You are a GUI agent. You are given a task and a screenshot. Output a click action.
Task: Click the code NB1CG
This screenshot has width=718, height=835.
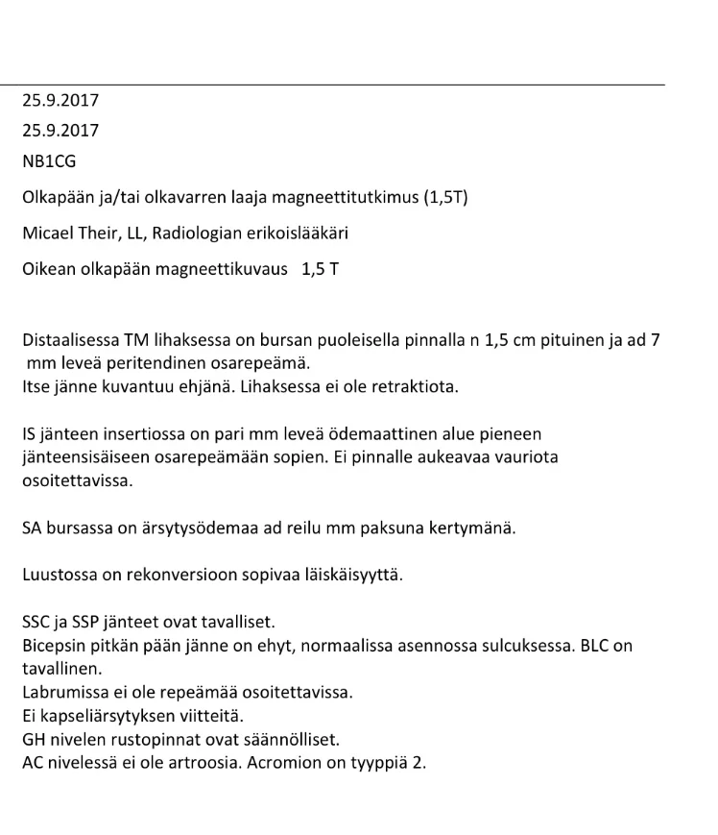49,161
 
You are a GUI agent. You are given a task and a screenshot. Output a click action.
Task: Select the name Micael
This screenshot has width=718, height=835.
49,233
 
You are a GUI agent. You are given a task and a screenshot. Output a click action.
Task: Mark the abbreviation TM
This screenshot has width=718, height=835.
136,340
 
